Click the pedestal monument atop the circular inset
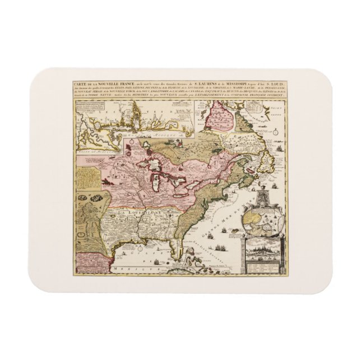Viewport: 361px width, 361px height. [263, 197]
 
